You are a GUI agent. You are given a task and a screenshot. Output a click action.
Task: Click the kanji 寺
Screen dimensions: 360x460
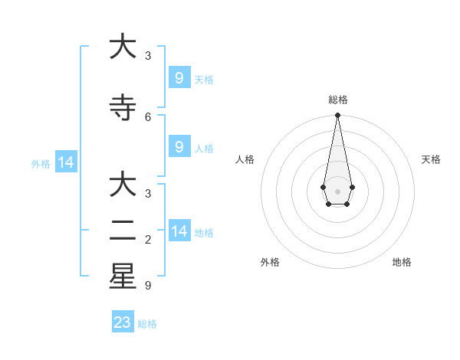[x=123, y=108]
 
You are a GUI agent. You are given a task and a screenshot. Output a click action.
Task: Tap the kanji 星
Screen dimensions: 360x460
[x=123, y=277]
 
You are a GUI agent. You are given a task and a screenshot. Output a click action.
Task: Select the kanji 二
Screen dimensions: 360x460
[x=123, y=231]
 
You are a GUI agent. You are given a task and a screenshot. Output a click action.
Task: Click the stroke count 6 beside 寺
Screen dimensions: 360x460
[x=148, y=116]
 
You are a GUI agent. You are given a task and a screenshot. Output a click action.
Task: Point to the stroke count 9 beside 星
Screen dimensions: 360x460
[x=148, y=286]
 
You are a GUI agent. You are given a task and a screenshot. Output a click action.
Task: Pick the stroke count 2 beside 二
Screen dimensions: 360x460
[x=148, y=241]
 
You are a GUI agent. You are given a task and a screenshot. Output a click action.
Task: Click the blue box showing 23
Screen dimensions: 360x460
[x=123, y=322]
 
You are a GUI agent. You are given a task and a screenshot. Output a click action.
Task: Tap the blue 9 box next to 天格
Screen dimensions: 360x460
[x=179, y=78]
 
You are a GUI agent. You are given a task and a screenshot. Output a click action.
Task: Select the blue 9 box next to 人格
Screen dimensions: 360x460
[x=179, y=147]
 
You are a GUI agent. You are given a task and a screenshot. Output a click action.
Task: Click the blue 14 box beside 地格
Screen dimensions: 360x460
[x=179, y=231]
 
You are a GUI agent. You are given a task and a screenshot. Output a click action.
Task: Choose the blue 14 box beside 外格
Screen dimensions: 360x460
[x=65, y=162]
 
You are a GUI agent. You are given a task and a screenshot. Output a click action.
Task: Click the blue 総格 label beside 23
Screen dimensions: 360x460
[x=147, y=324]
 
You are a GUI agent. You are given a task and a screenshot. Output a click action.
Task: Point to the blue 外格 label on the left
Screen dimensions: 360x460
[x=41, y=163]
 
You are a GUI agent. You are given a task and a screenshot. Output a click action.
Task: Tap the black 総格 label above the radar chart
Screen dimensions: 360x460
[x=337, y=100]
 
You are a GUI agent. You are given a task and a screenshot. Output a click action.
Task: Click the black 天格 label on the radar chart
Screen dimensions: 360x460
[x=431, y=159]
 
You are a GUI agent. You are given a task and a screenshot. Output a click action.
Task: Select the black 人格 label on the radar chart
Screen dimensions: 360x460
[x=245, y=159]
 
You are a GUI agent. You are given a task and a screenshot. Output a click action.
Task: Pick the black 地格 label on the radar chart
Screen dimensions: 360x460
[x=402, y=262]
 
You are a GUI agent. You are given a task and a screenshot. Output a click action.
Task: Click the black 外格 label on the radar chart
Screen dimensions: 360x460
[x=270, y=262]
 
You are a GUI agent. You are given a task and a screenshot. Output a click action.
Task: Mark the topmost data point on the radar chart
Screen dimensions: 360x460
[x=337, y=116]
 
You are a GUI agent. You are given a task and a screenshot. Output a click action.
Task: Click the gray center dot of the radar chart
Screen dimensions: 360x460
[x=337, y=191]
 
